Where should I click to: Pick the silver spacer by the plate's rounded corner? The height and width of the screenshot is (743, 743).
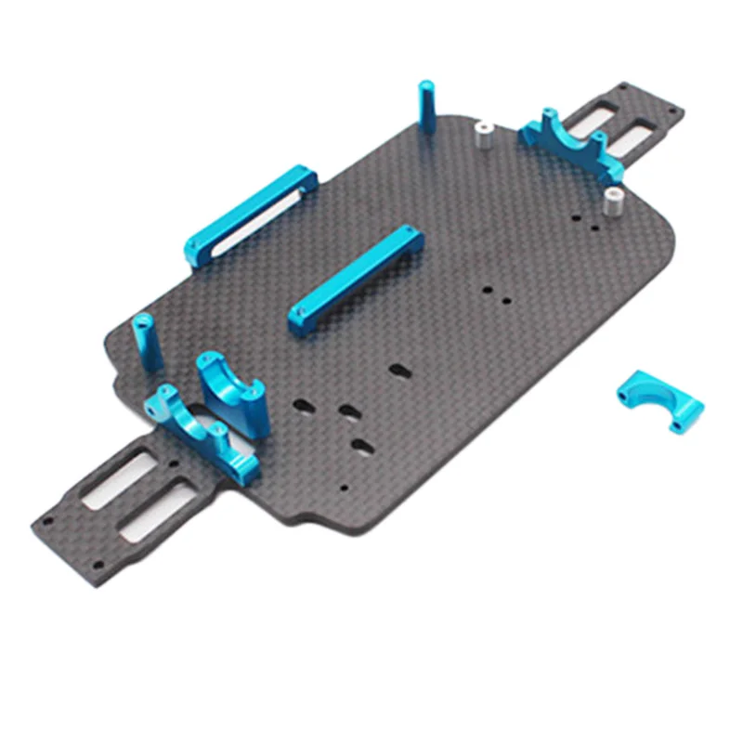(614, 202)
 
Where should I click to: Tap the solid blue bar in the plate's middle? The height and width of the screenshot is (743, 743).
(357, 280)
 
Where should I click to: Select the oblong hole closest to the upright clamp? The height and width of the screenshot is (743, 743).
(302, 405)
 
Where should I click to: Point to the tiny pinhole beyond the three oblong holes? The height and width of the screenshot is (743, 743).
(343, 485)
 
